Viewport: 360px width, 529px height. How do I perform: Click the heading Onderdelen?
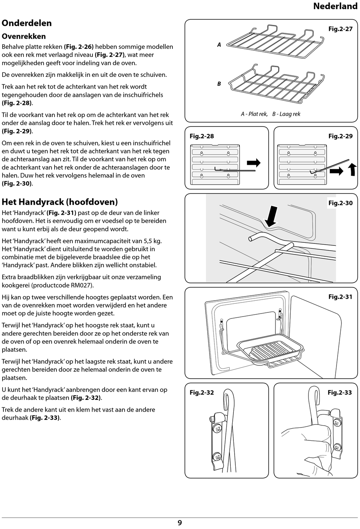click(27, 23)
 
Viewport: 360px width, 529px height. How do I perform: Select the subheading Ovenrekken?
click(23, 36)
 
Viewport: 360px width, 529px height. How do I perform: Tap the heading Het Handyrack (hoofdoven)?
click(60, 202)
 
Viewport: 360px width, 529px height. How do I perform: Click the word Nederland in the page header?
click(335, 6)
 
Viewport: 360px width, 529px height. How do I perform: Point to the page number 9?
click(180, 523)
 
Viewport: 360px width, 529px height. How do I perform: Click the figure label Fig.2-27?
click(340, 29)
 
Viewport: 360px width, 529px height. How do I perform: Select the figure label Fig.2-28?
click(202, 136)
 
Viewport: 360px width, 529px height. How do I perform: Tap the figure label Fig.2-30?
click(340, 203)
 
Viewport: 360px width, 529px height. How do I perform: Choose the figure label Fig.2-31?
click(340, 297)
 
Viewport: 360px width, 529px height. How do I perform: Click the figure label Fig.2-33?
click(340, 393)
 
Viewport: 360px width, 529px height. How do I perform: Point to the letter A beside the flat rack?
click(219, 45)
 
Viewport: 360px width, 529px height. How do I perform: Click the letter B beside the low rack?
click(219, 84)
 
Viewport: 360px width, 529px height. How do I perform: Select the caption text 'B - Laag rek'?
click(286, 114)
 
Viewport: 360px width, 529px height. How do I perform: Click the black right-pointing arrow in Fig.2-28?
click(254, 163)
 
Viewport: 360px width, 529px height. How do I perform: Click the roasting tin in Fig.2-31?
click(270, 352)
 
